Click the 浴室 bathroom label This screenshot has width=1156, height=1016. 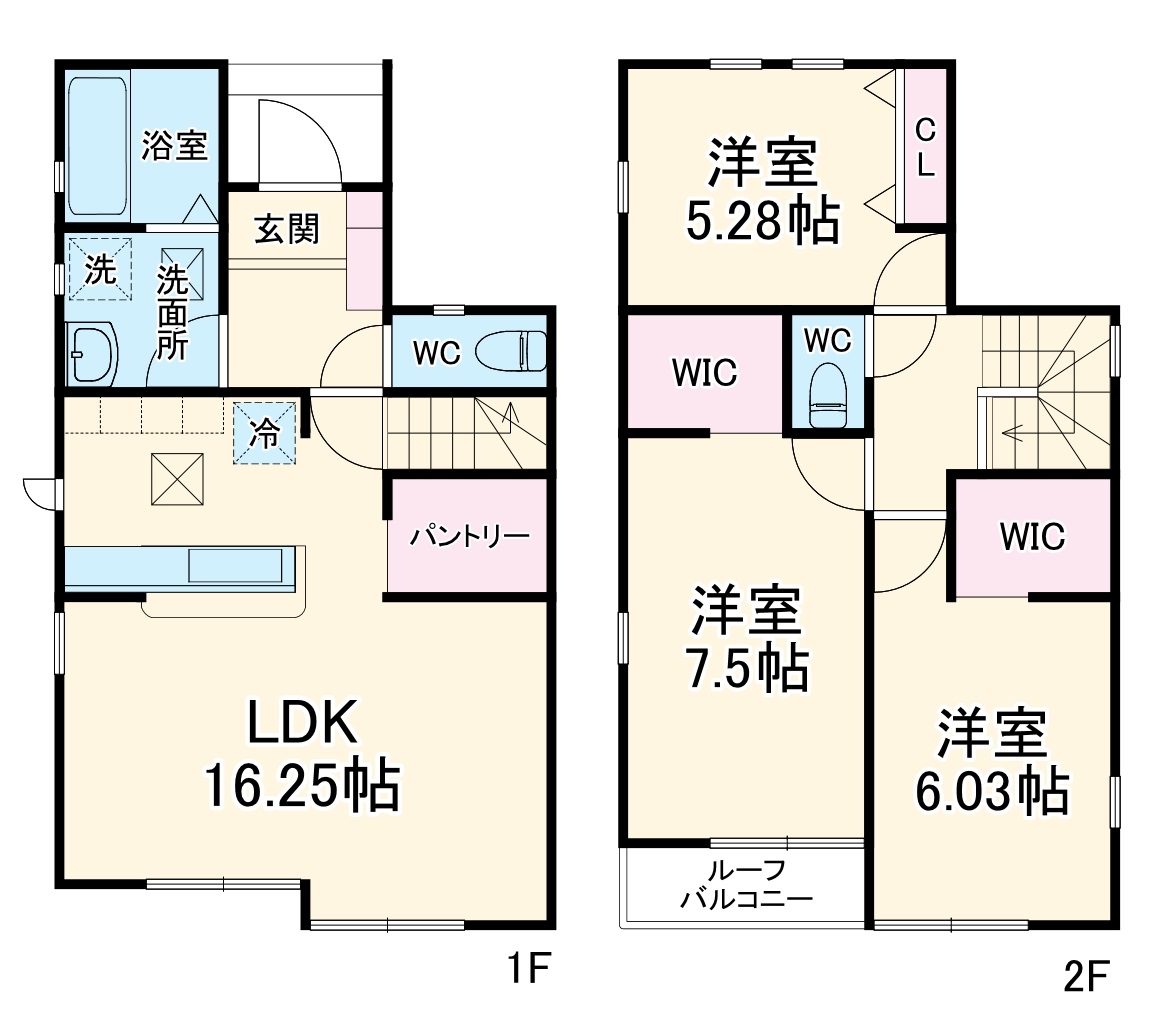coord(174,147)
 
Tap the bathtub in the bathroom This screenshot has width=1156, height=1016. coord(97,146)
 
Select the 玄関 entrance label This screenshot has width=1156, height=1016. coord(286,229)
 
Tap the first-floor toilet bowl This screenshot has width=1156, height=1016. coord(510,352)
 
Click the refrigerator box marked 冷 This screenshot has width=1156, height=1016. coord(265,433)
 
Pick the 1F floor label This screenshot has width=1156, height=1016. coord(526,971)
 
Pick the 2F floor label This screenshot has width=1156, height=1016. coord(1086,975)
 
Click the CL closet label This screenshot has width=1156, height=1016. coord(925,147)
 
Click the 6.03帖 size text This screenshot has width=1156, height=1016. coord(991,793)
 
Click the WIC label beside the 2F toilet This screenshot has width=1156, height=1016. coord(704,373)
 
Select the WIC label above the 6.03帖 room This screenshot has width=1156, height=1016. coord(1033,537)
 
